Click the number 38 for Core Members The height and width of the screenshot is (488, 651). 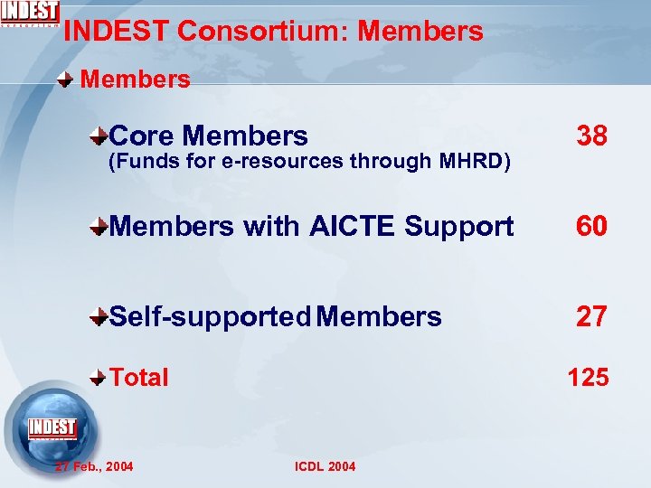tap(592, 136)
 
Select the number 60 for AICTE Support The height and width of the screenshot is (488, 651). tap(592, 227)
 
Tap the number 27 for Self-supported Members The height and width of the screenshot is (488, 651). tap(592, 317)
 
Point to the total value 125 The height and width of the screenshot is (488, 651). tap(588, 377)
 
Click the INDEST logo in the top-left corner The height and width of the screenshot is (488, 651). tap(31, 14)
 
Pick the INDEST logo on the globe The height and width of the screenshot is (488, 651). tap(52, 427)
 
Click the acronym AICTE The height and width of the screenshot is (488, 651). tap(352, 227)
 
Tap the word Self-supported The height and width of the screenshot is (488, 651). tap(211, 317)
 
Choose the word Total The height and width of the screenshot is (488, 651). tap(139, 377)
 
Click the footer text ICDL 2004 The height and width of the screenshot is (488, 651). tap(325, 466)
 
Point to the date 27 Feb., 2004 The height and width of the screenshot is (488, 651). tap(94, 466)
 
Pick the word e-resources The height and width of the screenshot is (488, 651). tap(292, 163)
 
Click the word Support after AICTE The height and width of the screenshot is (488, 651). tap(458, 227)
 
